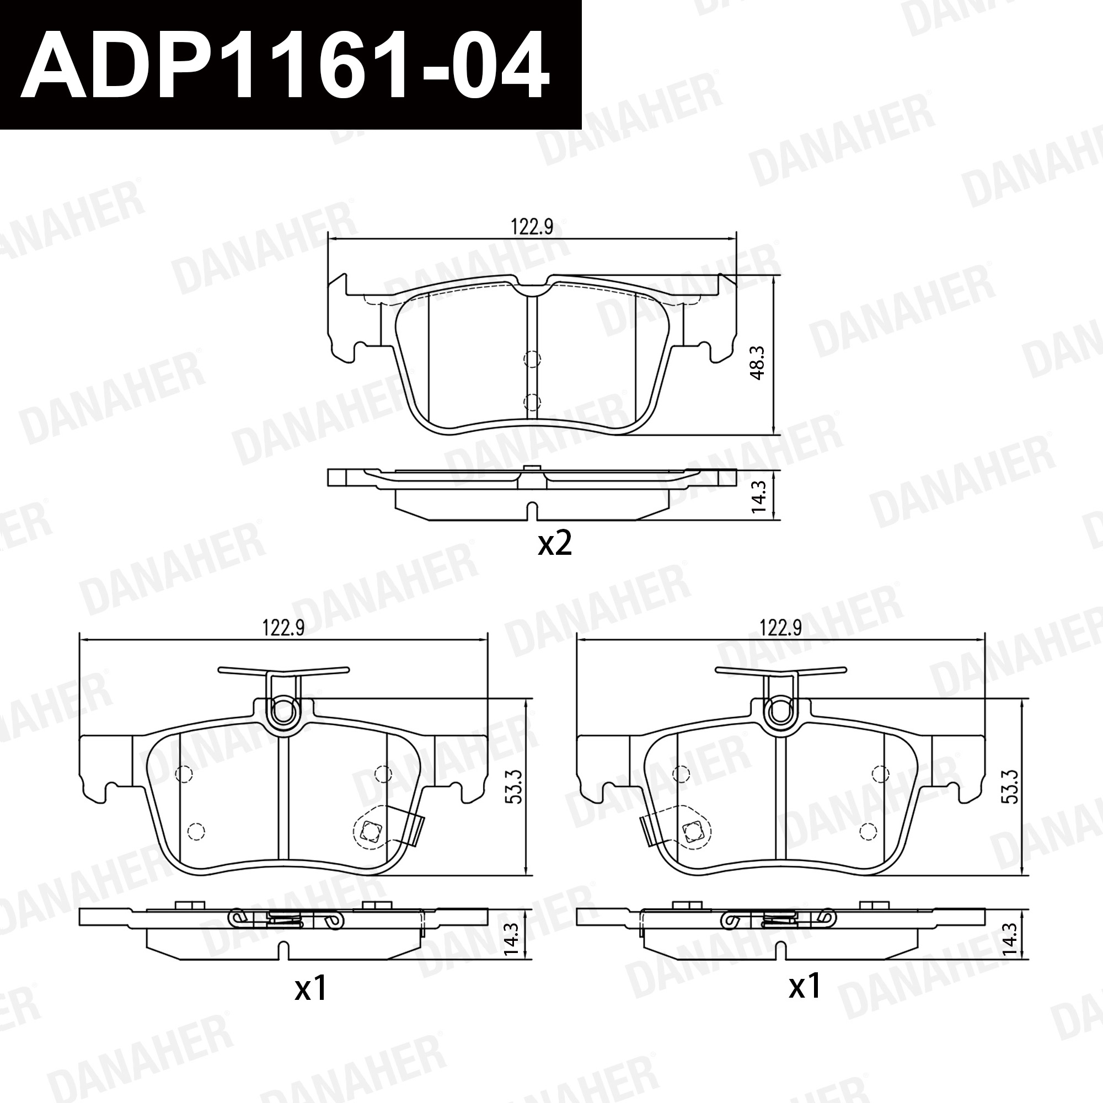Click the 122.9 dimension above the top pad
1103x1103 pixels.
(532, 227)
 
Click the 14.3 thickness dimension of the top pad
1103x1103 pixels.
(758, 496)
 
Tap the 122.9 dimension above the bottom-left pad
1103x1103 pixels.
(283, 628)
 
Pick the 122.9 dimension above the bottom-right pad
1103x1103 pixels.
(780, 628)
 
